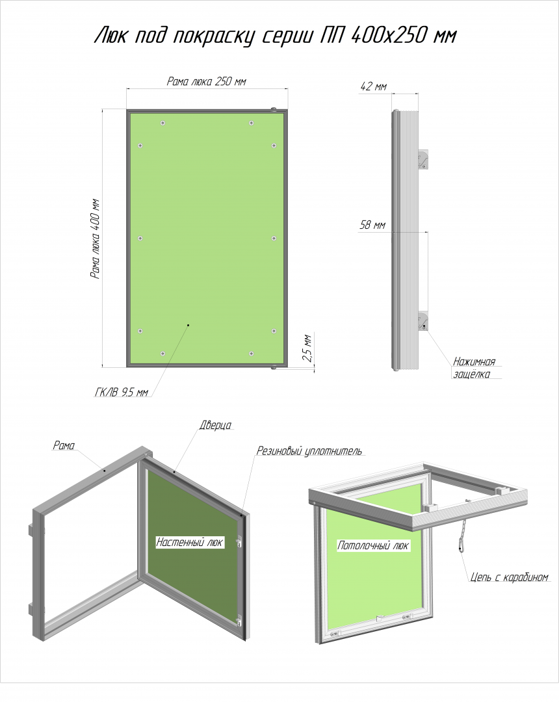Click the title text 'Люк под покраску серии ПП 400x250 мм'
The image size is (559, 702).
(x=275, y=35)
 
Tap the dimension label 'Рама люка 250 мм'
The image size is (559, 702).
(x=206, y=81)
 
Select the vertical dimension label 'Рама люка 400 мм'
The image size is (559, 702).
(x=95, y=239)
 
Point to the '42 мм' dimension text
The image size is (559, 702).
(x=373, y=86)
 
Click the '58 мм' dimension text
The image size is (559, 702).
(x=372, y=225)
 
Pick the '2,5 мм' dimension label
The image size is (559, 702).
(x=307, y=348)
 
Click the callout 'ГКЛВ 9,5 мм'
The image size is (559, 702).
(x=122, y=392)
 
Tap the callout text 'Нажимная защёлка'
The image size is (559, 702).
(x=474, y=367)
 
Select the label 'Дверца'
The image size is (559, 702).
(x=215, y=425)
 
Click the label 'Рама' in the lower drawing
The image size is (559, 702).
(x=64, y=445)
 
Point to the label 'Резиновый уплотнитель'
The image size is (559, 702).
(x=309, y=451)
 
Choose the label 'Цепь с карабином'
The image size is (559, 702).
(x=510, y=577)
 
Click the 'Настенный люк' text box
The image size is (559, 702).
(x=189, y=542)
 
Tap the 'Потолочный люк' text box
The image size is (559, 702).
(x=373, y=545)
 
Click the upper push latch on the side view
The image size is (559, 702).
(x=423, y=160)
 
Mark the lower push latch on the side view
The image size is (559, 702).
(x=423, y=321)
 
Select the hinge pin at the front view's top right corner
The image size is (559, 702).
(x=274, y=109)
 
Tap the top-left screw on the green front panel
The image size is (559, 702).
(x=163, y=123)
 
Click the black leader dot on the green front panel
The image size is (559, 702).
(x=188, y=325)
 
